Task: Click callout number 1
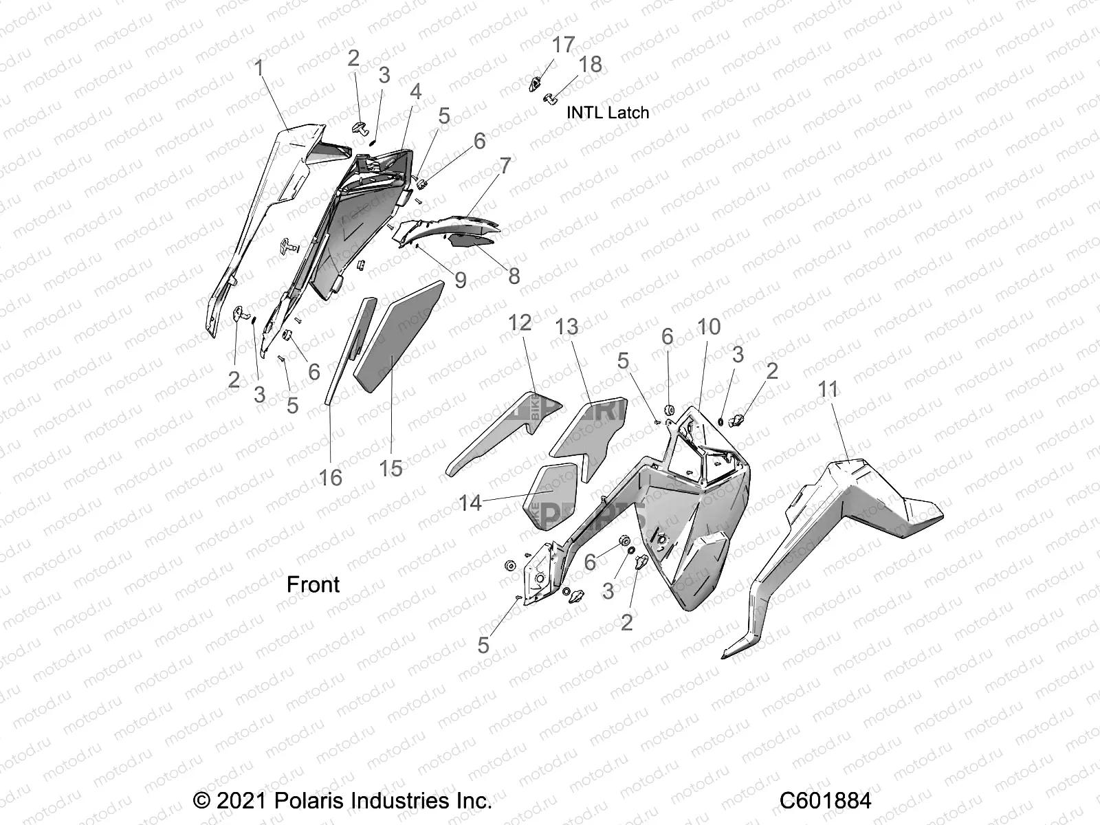[x=259, y=69]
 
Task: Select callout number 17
[x=563, y=45]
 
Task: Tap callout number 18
[x=591, y=65]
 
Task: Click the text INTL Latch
[x=607, y=112]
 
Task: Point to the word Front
[x=313, y=584]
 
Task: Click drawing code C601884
[x=825, y=801]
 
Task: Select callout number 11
[x=828, y=390]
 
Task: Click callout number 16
[x=331, y=477]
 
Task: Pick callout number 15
[x=390, y=469]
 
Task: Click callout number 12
[x=520, y=322]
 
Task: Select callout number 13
[x=567, y=327]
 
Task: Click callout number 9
[x=460, y=280]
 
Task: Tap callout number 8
[x=514, y=276]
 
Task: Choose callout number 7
[x=505, y=166]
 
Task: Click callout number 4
[x=415, y=91]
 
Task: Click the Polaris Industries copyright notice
[x=342, y=801]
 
